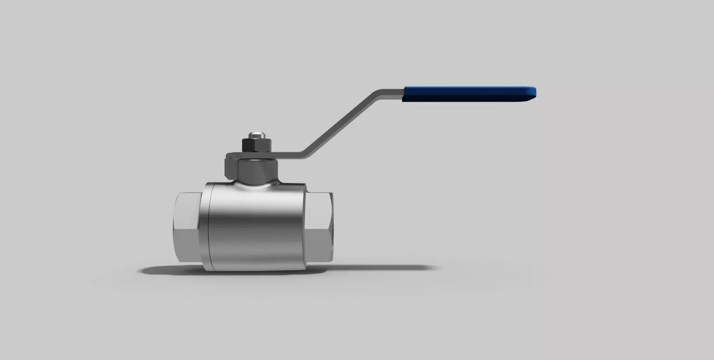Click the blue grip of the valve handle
pos(468,94)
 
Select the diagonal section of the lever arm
pos(341,123)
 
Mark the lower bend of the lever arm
pos(305,154)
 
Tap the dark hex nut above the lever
pos(256,145)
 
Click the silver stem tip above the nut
pos(257,134)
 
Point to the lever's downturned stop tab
pos(230,165)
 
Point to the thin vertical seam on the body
pos(209,228)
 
